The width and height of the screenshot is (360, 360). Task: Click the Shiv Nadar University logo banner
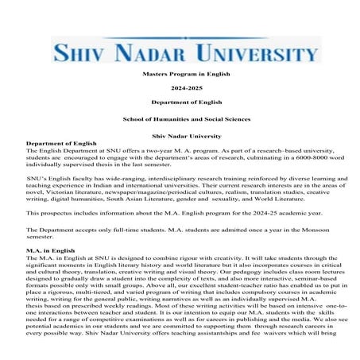[x=180, y=49]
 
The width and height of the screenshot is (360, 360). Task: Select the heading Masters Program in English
[x=180, y=72]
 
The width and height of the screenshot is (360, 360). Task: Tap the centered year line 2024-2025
[x=180, y=87]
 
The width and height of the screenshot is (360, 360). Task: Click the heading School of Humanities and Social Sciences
[x=180, y=118]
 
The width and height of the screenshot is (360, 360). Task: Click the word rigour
[x=172, y=258]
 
